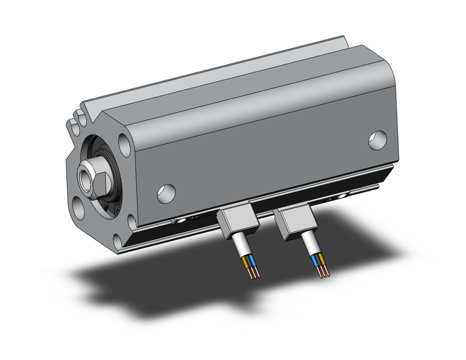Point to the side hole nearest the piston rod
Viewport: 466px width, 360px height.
coord(165,193)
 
